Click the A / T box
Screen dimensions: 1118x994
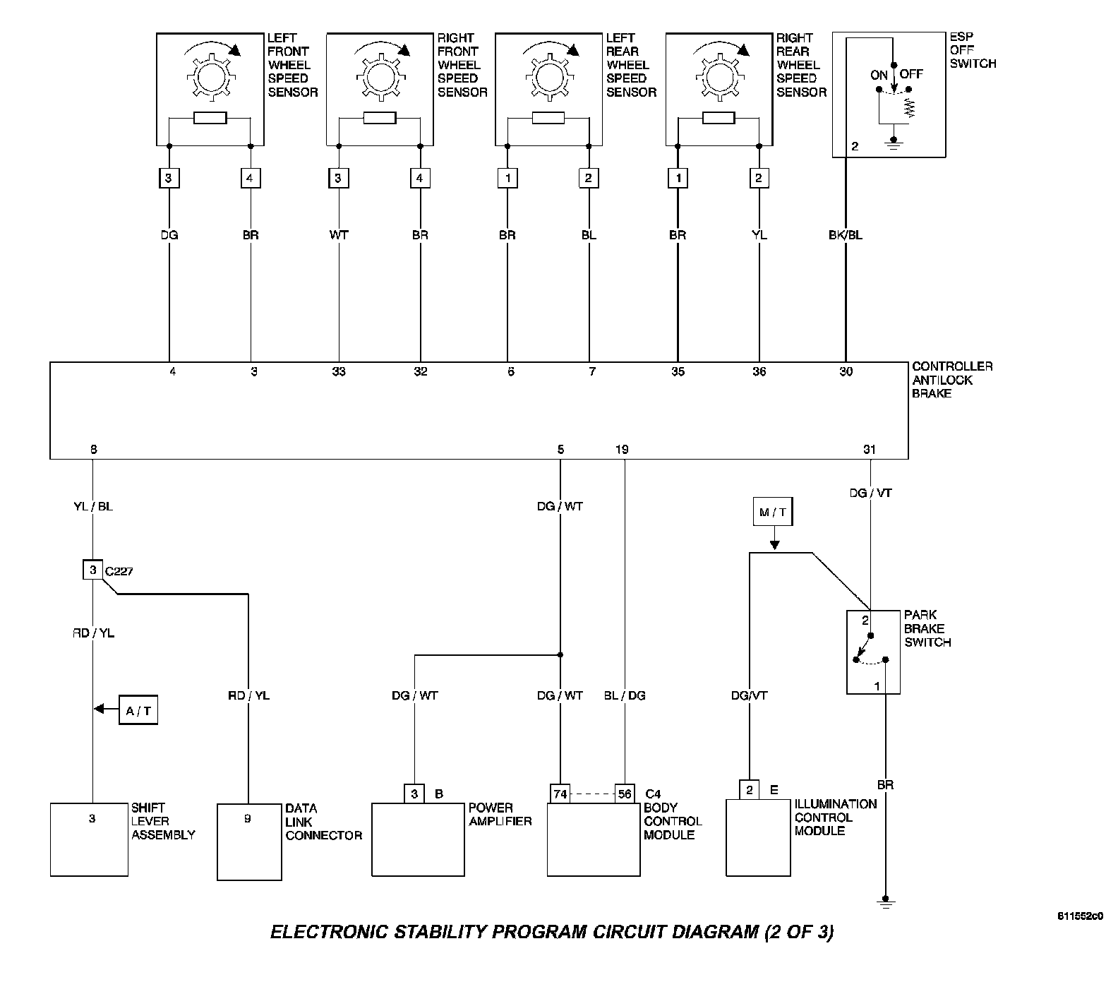[x=138, y=710]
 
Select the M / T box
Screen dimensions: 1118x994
[x=774, y=513]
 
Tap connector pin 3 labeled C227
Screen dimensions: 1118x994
[x=92, y=570]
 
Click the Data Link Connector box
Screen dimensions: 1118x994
[x=248, y=842]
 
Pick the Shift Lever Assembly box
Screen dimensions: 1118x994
[x=90, y=839]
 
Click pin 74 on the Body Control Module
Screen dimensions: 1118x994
[x=560, y=794]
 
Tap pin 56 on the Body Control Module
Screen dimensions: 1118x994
[x=625, y=794]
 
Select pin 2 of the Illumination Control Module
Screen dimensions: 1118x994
[x=750, y=790]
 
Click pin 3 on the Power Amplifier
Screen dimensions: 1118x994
[x=414, y=794]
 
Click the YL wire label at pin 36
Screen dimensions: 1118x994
[x=759, y=235]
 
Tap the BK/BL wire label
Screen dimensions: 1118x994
[x=845, y=235]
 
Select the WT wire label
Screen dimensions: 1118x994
[x=339, y=235]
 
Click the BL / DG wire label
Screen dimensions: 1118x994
[x=625, y=695]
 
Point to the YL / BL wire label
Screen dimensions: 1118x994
[x=92, y=506]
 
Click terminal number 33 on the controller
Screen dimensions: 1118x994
[x=339, y=371]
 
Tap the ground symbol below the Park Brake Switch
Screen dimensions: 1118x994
[x=885, y=901]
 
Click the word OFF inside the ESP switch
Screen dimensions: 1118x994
[x=911, y=74]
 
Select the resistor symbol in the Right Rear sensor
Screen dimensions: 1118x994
[x=719, y=118]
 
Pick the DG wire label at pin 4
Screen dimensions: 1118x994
[x=169, y=235]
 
